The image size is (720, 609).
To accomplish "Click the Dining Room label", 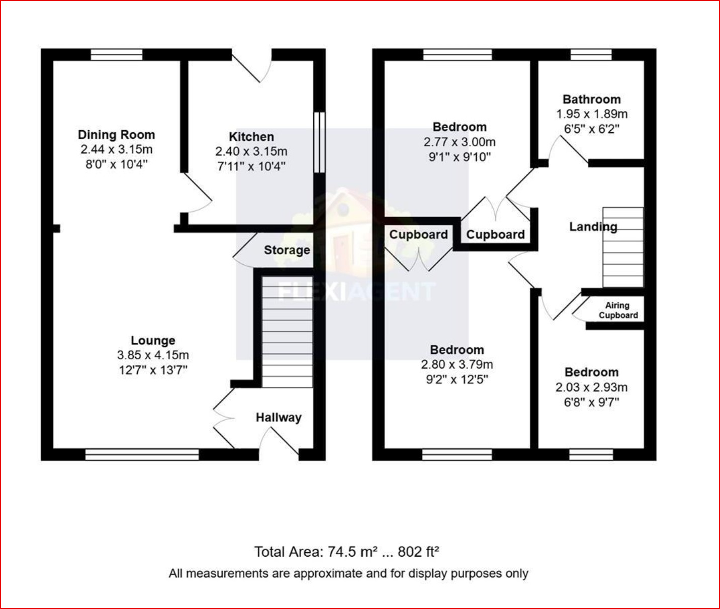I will tap(116, 135).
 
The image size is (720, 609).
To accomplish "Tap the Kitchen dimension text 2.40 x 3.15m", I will tap(251, 151).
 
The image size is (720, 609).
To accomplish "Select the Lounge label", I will tap(153, 340).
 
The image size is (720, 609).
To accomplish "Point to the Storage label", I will tap(287, 250).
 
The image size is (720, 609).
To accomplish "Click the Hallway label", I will tap(278, 417).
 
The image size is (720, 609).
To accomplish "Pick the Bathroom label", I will tap(591, 99).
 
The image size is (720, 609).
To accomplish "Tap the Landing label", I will tap(593, 227).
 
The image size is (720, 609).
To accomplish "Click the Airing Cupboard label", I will tap(617, 310).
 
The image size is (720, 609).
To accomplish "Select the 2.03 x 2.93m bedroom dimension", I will tap(591, 387).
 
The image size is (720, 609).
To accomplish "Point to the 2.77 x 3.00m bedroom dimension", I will tap(459, 142).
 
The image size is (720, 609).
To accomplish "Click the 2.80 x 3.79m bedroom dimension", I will tap(457, 364).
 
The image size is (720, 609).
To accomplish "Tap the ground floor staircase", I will tap(287, 332).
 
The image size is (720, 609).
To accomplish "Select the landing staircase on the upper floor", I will tap(623, 247).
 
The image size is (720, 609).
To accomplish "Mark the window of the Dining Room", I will tap(116, 54).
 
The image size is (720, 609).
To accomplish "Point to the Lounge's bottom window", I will tap(142, 455).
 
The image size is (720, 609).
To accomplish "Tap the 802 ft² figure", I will tap(418, 552).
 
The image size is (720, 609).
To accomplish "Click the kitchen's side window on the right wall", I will tap(319, 142).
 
